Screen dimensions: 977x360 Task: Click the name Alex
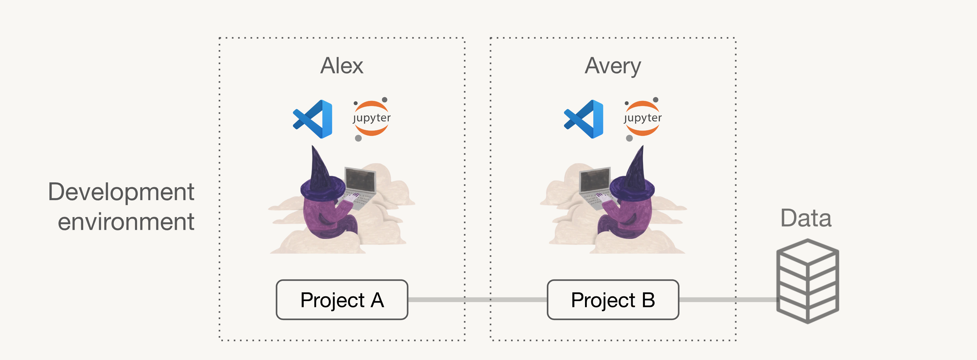[x=342, y=66]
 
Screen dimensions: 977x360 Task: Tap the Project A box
[x=342, y=300]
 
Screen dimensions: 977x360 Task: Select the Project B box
[x=613, y=300]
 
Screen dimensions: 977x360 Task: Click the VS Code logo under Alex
[x=313, y=119]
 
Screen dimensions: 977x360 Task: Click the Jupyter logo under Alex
[x=371, y=119]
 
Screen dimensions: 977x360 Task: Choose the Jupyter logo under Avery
[x=642, y=119]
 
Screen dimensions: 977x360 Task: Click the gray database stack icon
[x=807, y=281]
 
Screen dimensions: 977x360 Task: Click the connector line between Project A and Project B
[x=478, y=300]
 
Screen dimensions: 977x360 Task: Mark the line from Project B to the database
[x=728, y=300]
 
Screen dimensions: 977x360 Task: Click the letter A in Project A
[x=377, y=300]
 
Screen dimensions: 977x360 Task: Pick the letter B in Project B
[x=648, y=300]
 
